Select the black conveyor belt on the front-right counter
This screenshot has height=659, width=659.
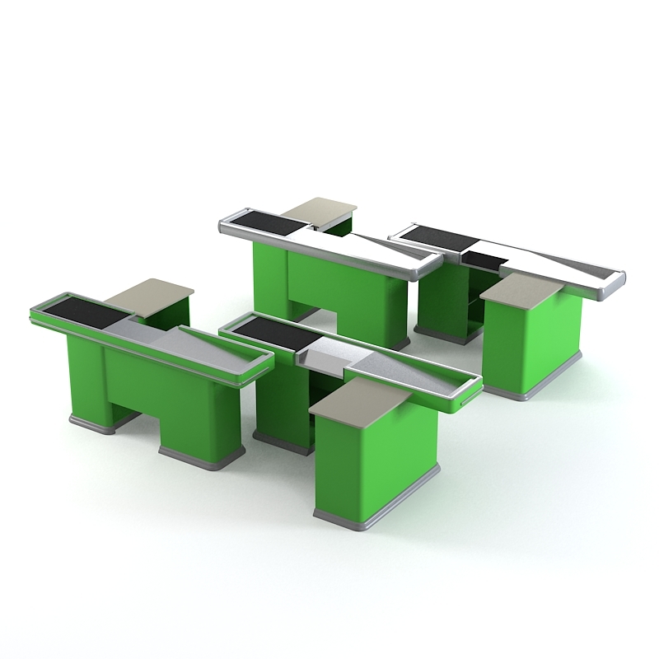[272, 334]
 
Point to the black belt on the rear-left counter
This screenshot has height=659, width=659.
[263, 220]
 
